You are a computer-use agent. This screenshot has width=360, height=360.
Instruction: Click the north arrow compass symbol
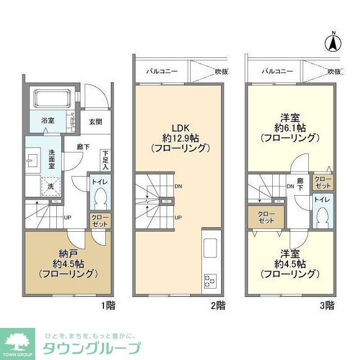[x=333, y=41]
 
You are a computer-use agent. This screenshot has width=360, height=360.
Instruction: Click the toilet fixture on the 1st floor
[x=100, y=197]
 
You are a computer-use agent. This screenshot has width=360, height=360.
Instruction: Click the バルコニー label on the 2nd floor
[x=162, y=71]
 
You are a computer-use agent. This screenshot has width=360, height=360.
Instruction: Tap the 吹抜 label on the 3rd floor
[x=334, y=71]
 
